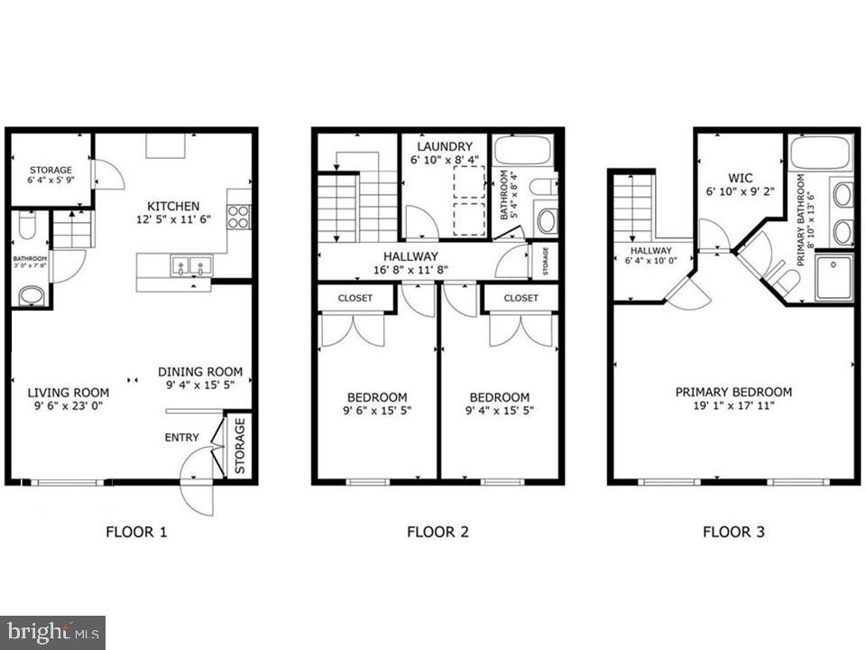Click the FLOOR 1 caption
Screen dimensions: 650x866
coord(136,532)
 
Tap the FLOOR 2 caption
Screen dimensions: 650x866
coord(438,532)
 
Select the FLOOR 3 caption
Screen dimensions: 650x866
coord(733,532)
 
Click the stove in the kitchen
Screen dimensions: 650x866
coord(238,217)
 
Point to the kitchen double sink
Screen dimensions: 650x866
coord(190,266)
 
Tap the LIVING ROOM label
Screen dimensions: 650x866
coord(68,393)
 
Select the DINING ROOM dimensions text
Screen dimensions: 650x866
coord(200,385)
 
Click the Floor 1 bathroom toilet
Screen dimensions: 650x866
coord(27,226)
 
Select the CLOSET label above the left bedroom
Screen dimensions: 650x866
coord(355,298)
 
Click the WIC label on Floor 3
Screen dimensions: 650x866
coord(740,178)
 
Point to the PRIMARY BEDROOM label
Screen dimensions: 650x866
coord(733,392)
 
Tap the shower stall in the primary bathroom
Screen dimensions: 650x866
coord(834,276)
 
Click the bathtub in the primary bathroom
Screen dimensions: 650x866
coord(820,153)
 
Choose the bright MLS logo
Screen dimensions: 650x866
coord(52,631)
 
